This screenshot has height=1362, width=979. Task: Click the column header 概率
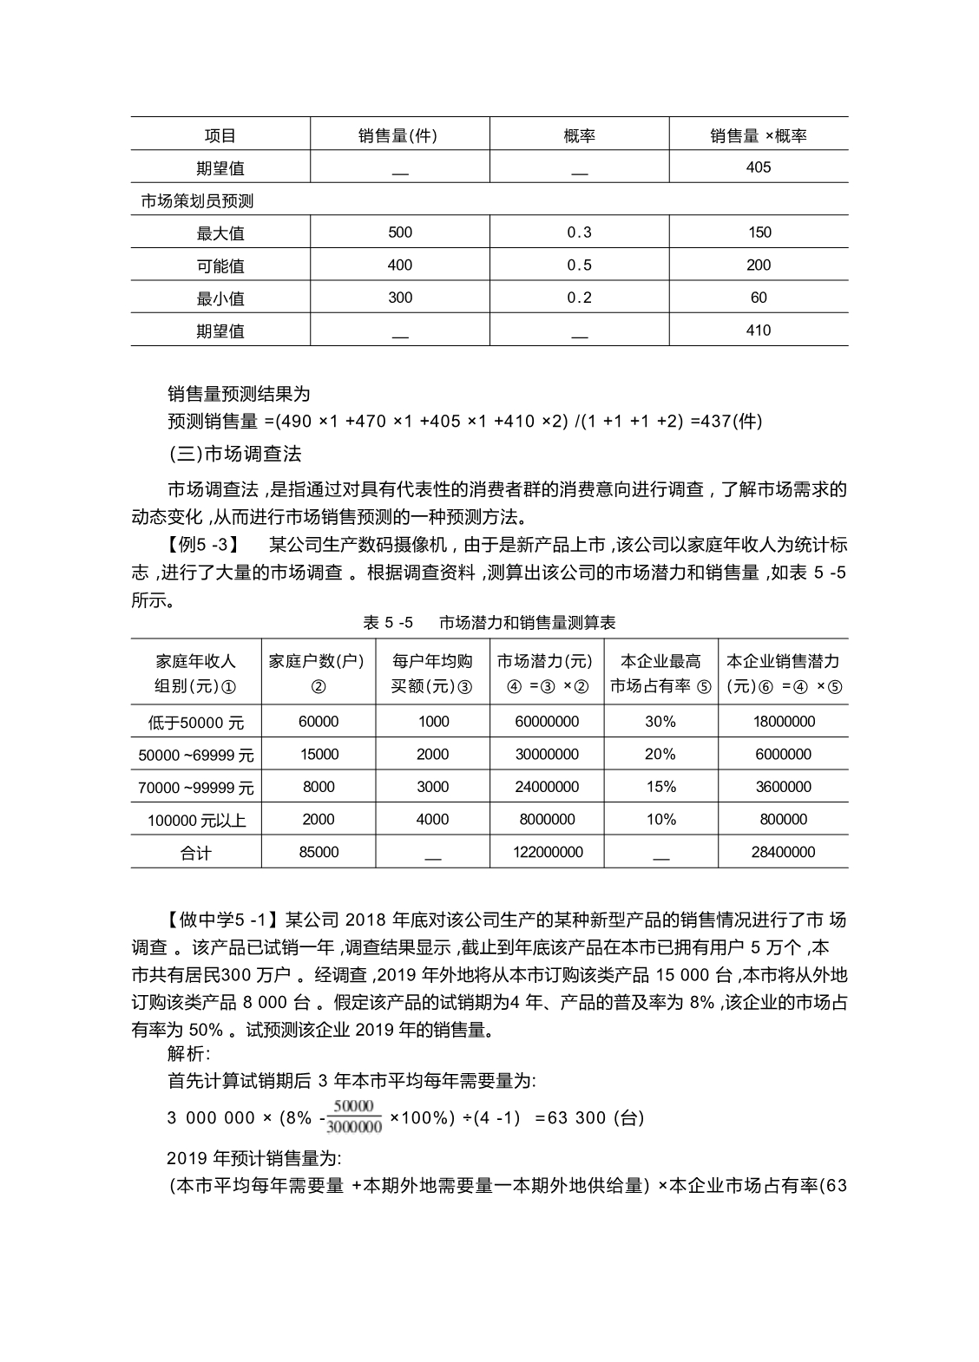point(579,135)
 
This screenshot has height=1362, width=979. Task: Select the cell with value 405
point(758,167)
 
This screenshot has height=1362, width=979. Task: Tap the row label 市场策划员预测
point(197,201)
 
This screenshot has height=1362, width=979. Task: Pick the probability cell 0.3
point(579,232)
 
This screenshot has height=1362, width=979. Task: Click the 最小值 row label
point(220,298)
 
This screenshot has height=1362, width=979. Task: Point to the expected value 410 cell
point(758,331)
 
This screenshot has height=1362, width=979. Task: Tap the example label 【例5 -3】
point(200,546)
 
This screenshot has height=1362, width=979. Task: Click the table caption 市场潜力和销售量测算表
point(527,623)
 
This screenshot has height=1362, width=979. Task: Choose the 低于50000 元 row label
point(196,722)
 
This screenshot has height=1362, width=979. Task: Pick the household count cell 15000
point(319,755)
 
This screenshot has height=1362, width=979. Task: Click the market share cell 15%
point(660,787)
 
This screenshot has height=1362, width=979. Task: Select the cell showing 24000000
point(547,787)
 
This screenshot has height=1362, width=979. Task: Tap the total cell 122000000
point(547,852)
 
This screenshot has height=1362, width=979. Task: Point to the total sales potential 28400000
point(783,852)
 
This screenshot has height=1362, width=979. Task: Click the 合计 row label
point(196,853)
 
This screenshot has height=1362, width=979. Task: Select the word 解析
point(187,1053)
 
